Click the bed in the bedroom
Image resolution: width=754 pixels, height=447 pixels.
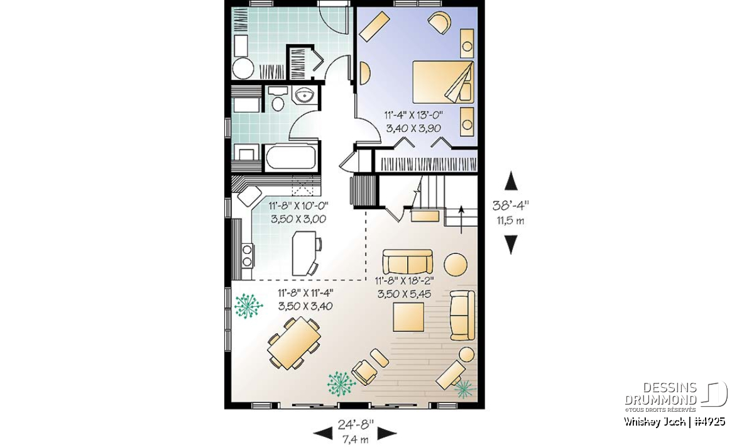click(443, 82)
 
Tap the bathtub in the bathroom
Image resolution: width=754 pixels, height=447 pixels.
click(291, 157)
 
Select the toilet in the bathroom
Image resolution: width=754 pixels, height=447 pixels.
click(278, 99)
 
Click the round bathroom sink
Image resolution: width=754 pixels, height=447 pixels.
click(305, 95)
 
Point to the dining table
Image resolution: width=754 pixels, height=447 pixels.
click(294, 343)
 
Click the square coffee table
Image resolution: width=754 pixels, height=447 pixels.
click(408, 317)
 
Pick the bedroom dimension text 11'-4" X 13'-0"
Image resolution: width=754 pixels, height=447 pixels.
click(413, 116)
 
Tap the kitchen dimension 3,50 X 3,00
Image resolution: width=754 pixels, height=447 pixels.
click(298, 219)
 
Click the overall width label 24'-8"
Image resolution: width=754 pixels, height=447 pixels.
click(356, 425)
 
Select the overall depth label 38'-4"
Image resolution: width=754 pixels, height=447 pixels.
click(511, 206)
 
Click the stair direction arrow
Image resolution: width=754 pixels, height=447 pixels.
click(461, 219)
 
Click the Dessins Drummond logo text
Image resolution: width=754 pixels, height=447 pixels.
click(660, 394)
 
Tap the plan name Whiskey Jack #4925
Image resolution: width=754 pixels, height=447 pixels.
click(674, 421)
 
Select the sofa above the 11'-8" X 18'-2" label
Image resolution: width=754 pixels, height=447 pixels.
click(408, 262)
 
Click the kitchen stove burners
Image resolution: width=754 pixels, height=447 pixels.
click(248, 256)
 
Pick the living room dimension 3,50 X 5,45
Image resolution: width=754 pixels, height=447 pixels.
click(404, 294)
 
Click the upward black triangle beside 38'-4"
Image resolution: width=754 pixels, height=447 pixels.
click(511, 180)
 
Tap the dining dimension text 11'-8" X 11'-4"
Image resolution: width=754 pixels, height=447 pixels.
click(305, 293)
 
